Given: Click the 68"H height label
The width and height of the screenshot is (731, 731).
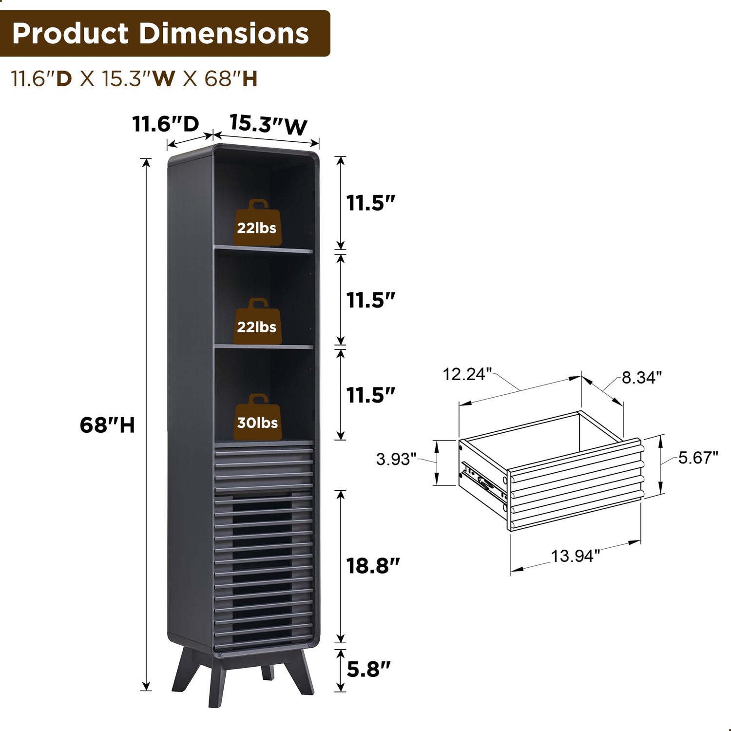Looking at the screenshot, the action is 107,425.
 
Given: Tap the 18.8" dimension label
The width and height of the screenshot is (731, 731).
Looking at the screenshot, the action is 373,566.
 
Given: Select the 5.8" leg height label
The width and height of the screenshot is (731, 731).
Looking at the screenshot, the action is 368,669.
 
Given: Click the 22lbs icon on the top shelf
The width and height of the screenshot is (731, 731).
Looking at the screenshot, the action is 257,222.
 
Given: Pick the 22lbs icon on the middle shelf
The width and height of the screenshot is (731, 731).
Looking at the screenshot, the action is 257,321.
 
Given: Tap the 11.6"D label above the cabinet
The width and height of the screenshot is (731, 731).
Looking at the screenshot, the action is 166,124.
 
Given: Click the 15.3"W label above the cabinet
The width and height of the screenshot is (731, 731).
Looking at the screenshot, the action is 269,125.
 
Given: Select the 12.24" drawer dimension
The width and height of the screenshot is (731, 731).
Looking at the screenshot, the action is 464,374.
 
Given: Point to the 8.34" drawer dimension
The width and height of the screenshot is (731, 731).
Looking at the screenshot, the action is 642,377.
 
